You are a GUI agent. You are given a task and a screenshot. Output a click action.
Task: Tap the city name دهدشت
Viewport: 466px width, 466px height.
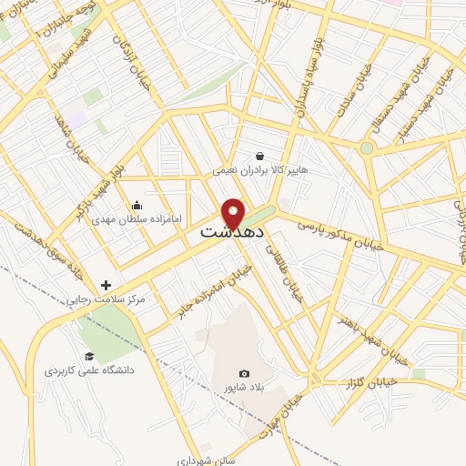click(x=232, y=233)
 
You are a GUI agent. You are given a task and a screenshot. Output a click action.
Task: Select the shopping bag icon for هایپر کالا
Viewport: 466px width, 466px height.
click(x=260, y=156)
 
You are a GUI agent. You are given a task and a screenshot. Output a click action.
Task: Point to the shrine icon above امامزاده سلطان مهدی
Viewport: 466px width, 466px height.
click(x=137, y=205)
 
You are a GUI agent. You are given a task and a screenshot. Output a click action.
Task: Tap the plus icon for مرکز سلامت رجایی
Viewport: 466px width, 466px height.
click(x=106, y=285)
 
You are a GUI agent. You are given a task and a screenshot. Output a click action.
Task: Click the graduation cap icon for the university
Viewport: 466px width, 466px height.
click(x=89, y=356)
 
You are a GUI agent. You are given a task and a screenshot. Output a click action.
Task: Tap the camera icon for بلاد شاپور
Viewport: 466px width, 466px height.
click(x=244, y=373)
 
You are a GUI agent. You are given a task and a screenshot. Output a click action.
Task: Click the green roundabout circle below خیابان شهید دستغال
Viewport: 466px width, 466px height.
click(x=366, y=147)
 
